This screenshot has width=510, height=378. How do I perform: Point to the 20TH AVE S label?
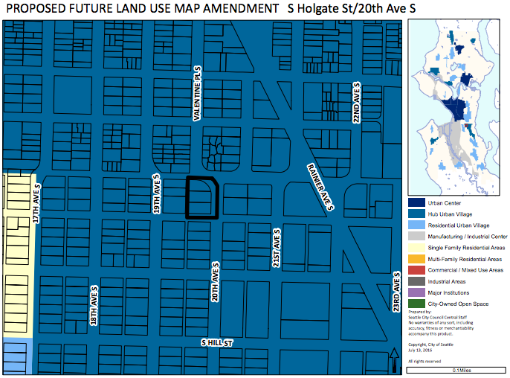tap(215, 282)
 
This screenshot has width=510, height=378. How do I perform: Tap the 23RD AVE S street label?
tap(396, 291)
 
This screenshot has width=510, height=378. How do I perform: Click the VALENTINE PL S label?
tap(198, 93)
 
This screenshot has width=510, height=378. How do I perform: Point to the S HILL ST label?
tap(218, 343)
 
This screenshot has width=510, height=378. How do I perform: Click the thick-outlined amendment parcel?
tap(201, 198)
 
